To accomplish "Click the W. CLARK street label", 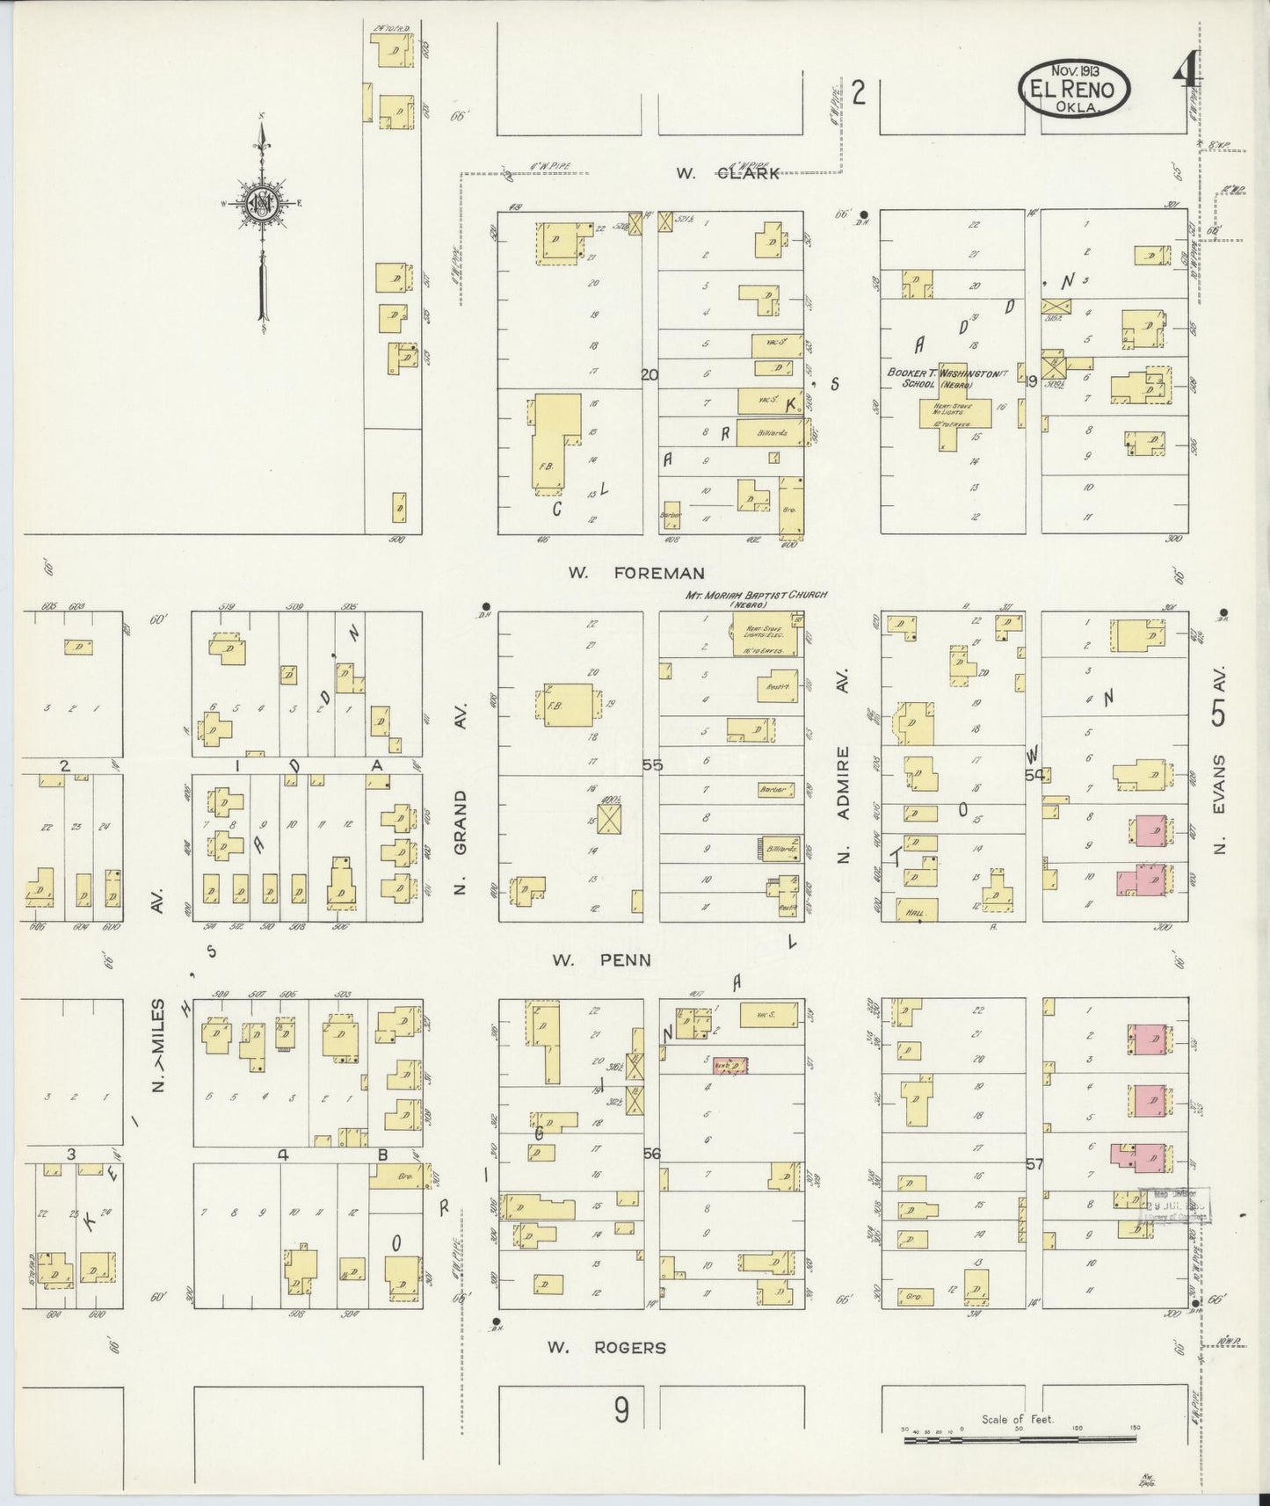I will [727, 173].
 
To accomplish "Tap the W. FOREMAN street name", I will [635, 573].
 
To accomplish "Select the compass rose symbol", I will [263, 204].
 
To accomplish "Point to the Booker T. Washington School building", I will [954, 411].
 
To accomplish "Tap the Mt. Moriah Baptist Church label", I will [756, 599].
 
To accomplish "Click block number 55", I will [652, 765].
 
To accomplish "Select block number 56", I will [651, 1153].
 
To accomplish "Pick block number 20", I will [650, 375].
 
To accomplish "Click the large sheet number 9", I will [621, 1411].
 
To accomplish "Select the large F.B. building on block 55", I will [570, 705].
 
